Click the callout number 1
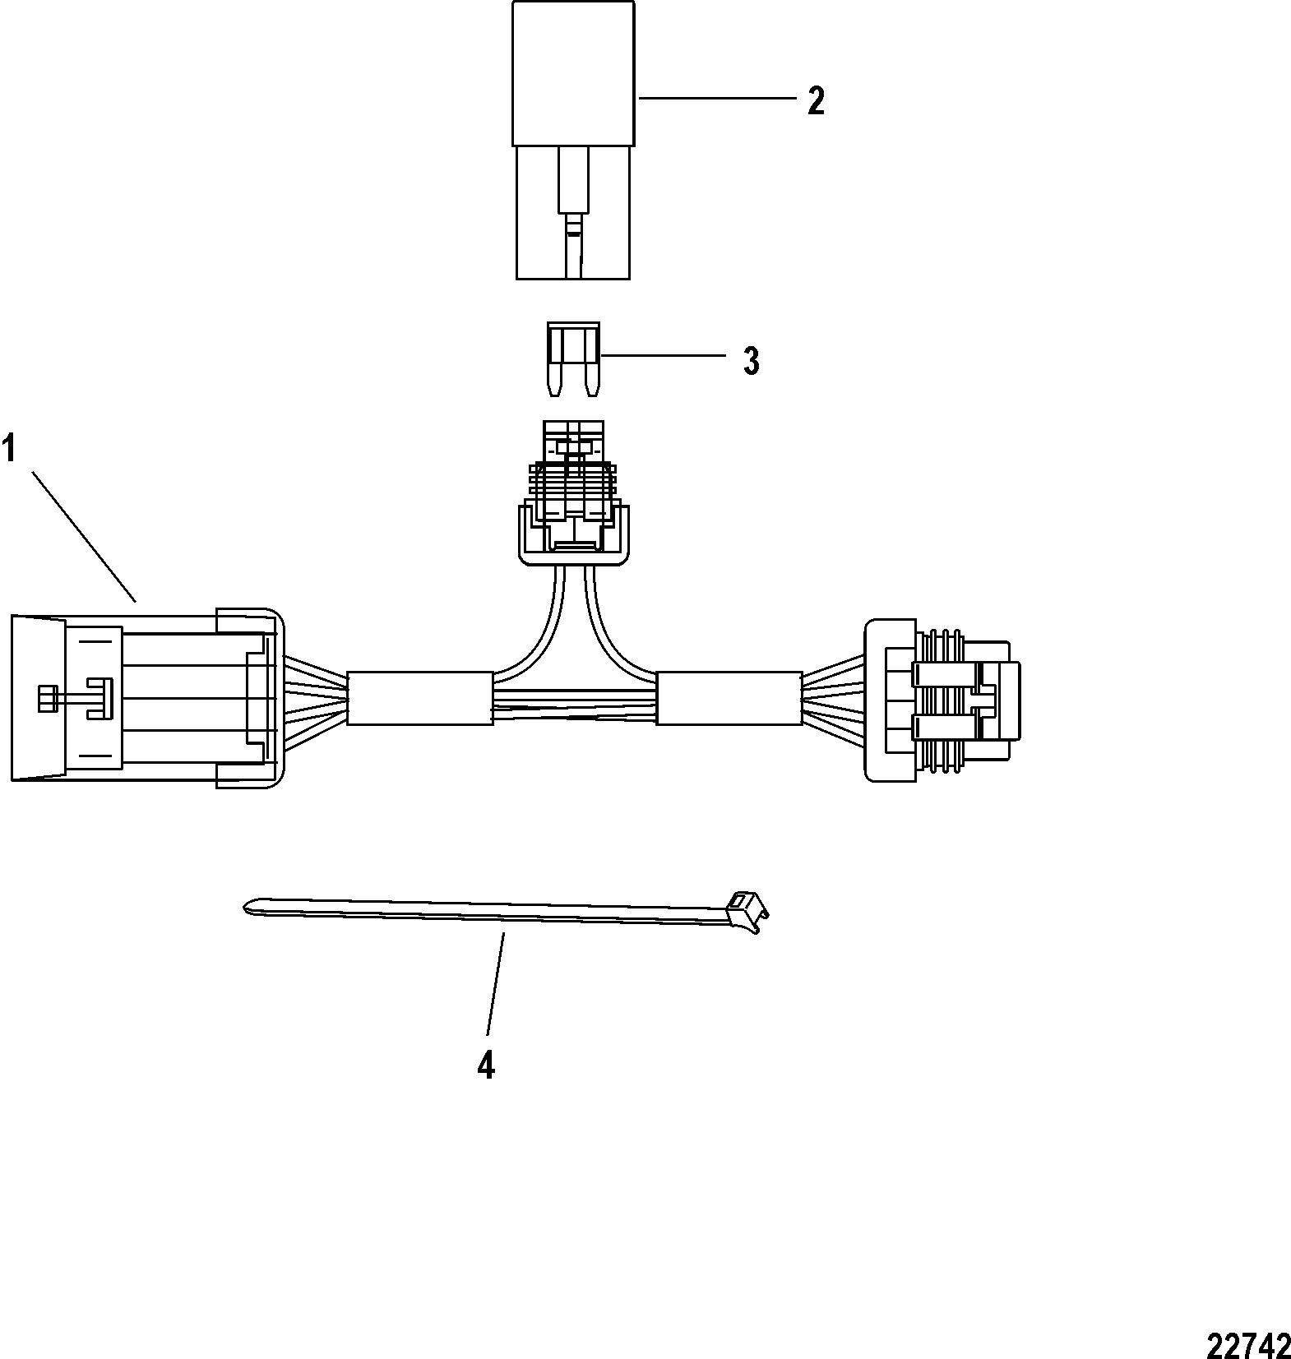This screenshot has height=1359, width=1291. tap(9, 450)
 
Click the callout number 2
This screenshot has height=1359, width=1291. tap(815, 101)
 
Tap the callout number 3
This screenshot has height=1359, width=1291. tap(751, 361)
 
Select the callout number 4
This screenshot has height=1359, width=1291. tap(486, 1065)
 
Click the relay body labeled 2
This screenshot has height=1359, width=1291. tap(573, 140)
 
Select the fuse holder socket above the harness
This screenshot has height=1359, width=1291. tap(574, 493)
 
